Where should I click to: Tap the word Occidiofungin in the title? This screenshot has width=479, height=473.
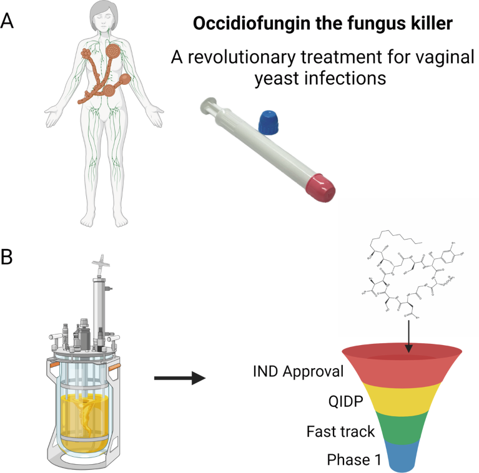pyautogui.click(x=235, y=26)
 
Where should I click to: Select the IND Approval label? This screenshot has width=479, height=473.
pyautogui.click(x=299, y=373)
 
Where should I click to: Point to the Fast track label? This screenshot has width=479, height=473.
pyautogui.click(x=340, y=431)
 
